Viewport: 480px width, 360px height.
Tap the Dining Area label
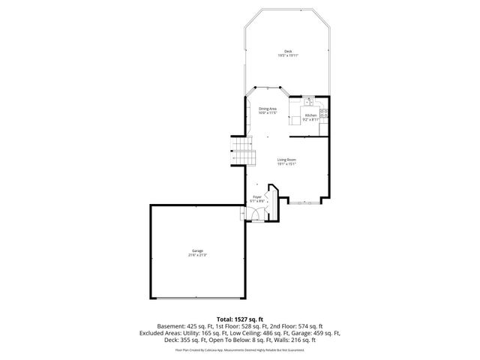(x=268, y=109)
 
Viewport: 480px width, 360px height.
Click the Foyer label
(x=256, y=196)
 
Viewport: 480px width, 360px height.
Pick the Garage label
(x=197, y=250)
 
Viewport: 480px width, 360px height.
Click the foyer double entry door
(x=256, y=217)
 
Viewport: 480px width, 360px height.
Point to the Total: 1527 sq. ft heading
(x=239, y=319)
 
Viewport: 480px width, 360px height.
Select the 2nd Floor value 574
(x=307, y=326)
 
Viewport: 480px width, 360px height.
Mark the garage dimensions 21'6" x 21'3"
(x=197, y=255)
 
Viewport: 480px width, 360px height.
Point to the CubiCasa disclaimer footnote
(x=239, y=349)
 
